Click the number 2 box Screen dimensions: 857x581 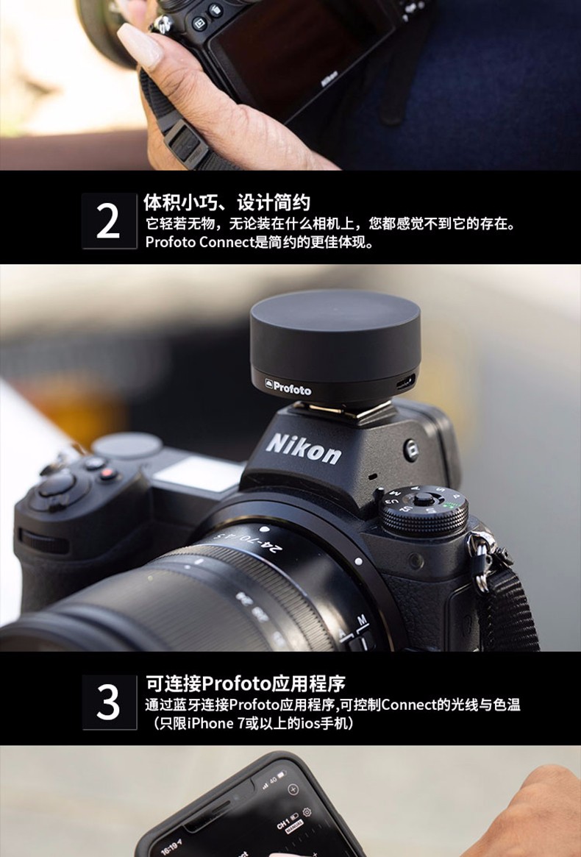click(x=109, y=221)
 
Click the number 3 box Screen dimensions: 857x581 click(x=109, y=702)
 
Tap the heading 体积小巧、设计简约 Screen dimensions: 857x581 click(x=227, y=202)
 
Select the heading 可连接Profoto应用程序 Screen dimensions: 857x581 click(x=245, y=683)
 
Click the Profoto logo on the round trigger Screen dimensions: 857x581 click(x=288, y=389)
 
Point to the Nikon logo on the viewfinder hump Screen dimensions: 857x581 click(x=303, y=447)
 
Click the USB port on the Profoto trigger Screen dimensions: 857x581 click(x=405, y=383)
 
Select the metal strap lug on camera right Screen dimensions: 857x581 click(x=480, y=559)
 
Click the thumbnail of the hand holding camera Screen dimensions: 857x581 click(x=290, y=85)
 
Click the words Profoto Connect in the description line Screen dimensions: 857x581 click(x=199, y=242)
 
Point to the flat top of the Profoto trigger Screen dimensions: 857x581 click(x=335, y=313)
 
